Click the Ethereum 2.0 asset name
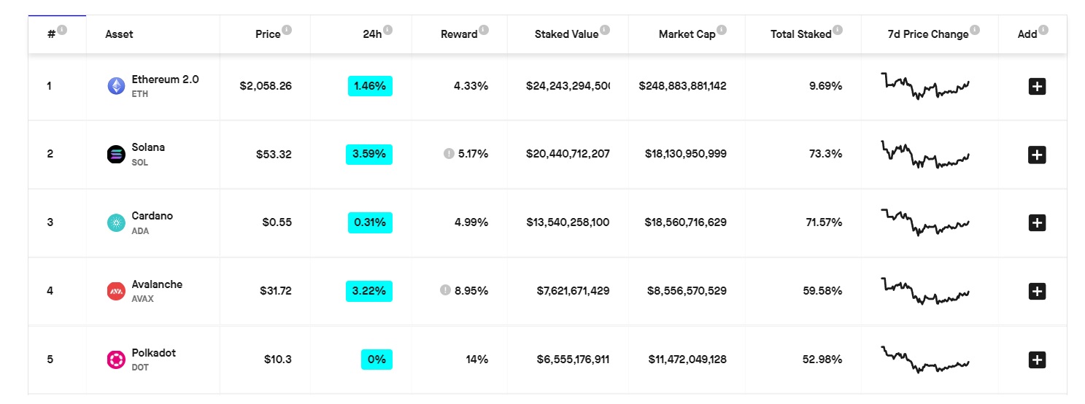165,79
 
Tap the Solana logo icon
116,155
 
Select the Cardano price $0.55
277,222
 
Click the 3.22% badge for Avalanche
369,291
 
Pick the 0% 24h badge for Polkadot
377,360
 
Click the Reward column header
459,34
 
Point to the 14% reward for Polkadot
477,360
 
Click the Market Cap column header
687,34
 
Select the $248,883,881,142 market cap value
682,86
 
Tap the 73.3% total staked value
825,154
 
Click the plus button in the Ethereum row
1037,86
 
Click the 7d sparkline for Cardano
925,222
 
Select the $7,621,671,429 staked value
567,291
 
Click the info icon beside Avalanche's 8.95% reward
445,290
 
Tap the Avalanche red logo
116,291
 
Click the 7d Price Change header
927,34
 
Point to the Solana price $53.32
274,154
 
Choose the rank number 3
50,222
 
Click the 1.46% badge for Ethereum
370,86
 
